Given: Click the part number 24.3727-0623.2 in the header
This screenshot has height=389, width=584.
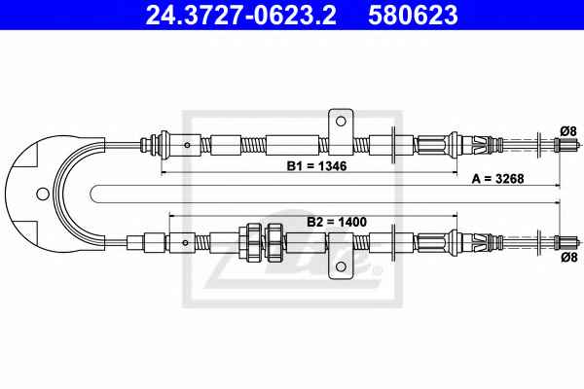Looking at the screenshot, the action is (x=240, y=15).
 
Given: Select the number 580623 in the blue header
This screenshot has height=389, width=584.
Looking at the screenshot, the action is (x=413, y=15).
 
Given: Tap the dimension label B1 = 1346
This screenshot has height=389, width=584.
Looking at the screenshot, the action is (x=316, y=166).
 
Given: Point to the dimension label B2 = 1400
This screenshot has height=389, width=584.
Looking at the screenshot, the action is (x=337, y=222).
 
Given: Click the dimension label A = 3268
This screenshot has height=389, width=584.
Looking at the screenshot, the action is (x=497, y=179).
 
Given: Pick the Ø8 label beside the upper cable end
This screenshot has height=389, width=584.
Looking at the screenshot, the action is (x=568, y=131).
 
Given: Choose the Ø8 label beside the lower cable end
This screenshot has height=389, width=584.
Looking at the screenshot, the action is (x=569, y=257).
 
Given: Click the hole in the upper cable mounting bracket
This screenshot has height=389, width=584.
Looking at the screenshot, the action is (x=341, y=122).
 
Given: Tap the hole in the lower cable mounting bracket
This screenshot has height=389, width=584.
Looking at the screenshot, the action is (x=341, y=266).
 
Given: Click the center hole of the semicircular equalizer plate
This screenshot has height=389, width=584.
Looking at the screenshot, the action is (x=43, y=194).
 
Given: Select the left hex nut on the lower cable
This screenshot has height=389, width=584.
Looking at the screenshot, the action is (x=254, y=242).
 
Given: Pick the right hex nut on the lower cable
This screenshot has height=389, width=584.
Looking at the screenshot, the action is (x=275, y=242).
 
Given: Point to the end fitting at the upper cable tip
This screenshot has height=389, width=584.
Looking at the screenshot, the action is (x=566, y=145).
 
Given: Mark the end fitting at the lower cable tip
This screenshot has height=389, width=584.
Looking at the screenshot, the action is (x=566, y=243).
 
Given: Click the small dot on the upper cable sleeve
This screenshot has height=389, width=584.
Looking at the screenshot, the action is (x=187, y=145).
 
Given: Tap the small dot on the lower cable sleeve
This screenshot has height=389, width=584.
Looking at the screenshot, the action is (x=185, y=243).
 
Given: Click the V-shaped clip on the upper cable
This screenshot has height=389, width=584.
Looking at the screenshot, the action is (x=480, y=145).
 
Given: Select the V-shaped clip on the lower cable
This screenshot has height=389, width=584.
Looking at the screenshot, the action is (x=480, y=242).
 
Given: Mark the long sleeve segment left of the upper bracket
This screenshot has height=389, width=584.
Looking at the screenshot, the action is (x=292, y=145).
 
